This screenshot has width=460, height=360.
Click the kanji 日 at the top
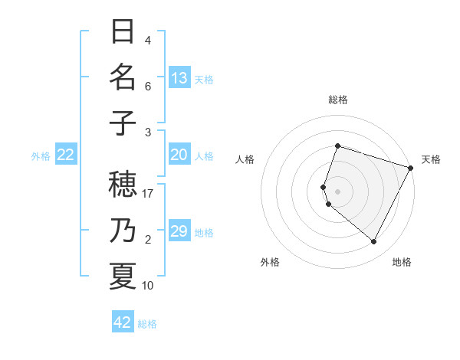[123, 33]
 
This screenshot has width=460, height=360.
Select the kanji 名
[123, 77]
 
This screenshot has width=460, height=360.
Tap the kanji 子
[123, 122]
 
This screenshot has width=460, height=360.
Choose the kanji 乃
[123, 231]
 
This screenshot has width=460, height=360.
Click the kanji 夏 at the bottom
[123, 275]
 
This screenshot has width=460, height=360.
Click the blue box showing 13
[179, 77]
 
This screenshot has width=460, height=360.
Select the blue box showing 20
[179, 155]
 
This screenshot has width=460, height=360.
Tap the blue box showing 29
[179, 231]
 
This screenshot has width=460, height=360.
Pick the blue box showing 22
[65, 155]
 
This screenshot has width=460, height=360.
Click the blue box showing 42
[123, 322]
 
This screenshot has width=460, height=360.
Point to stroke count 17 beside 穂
[149, 194]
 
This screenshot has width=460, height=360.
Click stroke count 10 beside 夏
[149, 286]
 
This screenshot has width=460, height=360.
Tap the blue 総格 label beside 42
[147, 323]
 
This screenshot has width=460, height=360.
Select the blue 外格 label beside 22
[41, 155]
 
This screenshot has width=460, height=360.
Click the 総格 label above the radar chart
[337, 100]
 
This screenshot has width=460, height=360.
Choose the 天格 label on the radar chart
[431, 159]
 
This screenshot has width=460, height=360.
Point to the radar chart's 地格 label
[402, 262]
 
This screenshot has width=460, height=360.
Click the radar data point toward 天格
[411, 168]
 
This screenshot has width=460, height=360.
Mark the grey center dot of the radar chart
[337, 191]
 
